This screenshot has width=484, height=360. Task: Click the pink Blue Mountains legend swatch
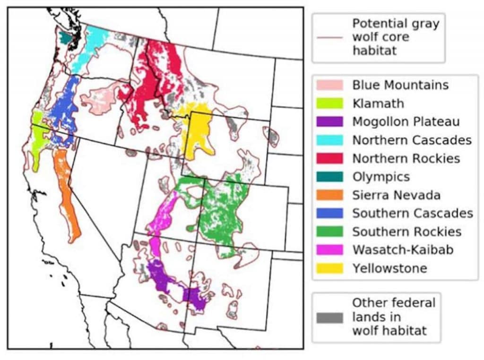pyautogui.click(x=330, y=85)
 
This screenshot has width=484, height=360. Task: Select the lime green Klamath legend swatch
pyautogui.click(x=330, y=103)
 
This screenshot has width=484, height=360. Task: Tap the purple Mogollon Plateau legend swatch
pyautogui.click(x=330, y=121)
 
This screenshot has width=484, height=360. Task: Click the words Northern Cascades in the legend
pyautogui.click(x=412, y=140)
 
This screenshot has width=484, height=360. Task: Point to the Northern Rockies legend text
pyautogui.click(x=406, y=158)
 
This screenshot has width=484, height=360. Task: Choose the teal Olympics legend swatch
pyautogui.click(x=330, y=176)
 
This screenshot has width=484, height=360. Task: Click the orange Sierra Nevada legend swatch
pyautogui.click(x=330, y=195)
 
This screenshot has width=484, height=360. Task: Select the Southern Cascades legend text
pyautogui.click(x=412, y=213)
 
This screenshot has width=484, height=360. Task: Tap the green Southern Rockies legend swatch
pyautogui.click(x=330, y=231)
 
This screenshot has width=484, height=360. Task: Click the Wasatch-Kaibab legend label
pyautogui.click(x=402, y=249)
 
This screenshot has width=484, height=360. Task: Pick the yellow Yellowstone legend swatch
pyautogui.click(x=330, y=268)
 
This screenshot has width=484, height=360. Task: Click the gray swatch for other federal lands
pyautogui.click(x=330, y=317)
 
